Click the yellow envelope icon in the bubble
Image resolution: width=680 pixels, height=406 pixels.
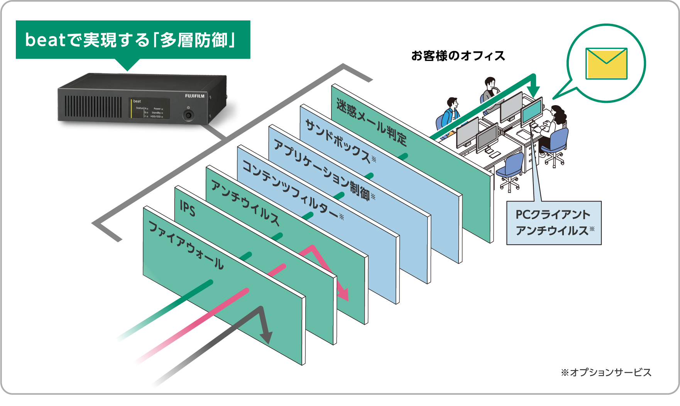606,64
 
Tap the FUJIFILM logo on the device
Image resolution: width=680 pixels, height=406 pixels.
195,96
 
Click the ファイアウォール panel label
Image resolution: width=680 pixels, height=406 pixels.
186,245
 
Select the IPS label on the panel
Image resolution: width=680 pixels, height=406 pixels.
188,209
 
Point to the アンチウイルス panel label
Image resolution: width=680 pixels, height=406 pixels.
245,202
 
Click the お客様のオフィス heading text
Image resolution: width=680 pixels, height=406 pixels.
458,56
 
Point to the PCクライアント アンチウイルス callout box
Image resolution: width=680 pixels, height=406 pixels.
554,223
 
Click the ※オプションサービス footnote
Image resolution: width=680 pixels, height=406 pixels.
606,372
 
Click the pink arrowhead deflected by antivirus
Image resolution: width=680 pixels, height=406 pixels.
343,294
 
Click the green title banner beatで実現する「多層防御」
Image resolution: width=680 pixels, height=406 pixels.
133,40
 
